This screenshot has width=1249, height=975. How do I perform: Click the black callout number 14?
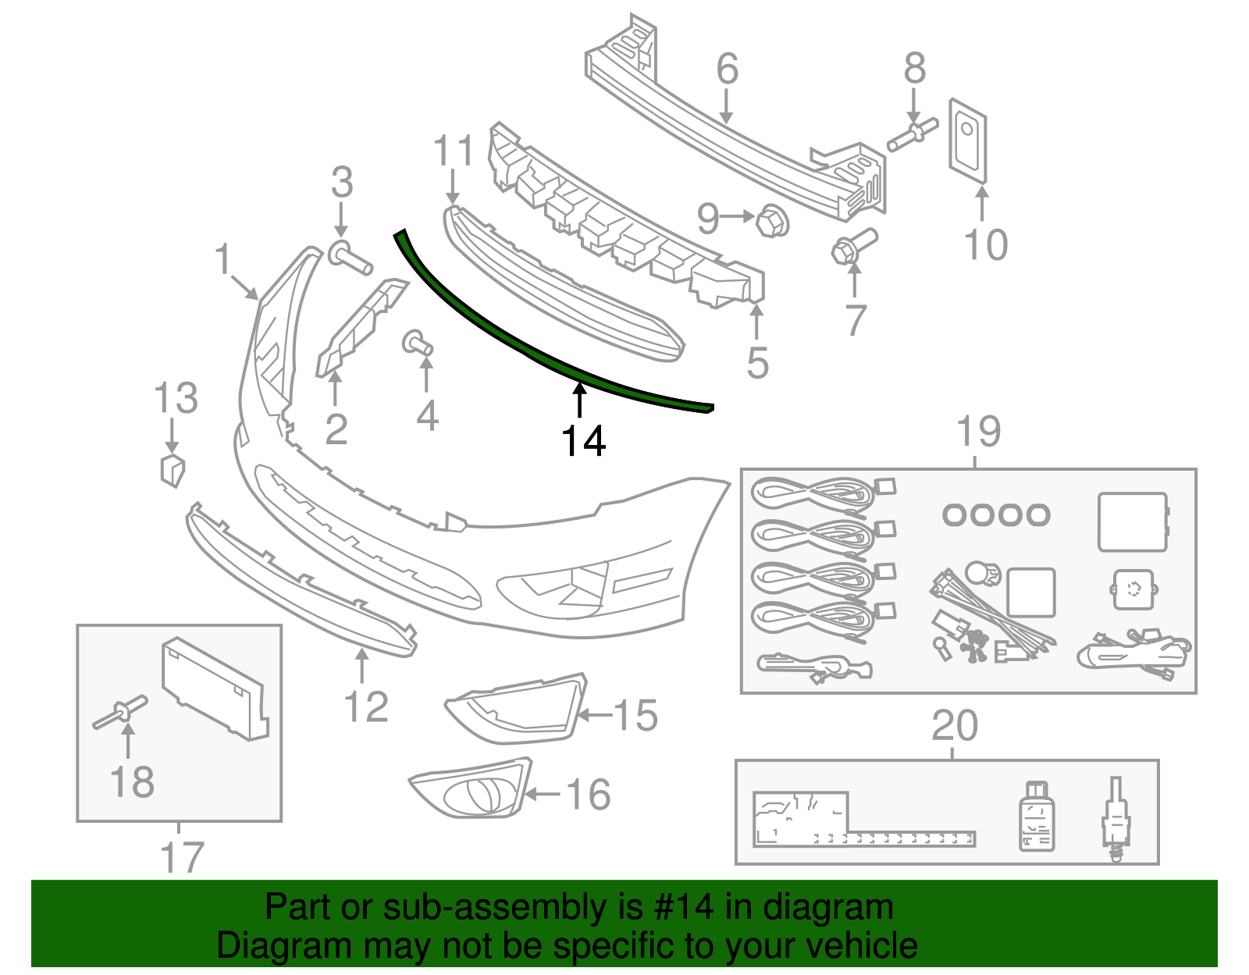(x=583, y=442)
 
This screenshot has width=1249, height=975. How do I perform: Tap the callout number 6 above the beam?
(x=727, y=69)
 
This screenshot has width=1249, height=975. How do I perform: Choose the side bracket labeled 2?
(x=358, y=328)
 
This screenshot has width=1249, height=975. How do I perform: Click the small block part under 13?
(x=172, y=470)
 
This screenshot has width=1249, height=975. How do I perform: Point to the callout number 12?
(x=365, y=707)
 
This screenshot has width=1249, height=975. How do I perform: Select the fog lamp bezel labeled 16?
(x=471, y=790)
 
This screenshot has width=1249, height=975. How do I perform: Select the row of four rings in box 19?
(x=996, y=514)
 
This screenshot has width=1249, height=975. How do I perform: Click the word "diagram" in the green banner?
(x=828, y=908)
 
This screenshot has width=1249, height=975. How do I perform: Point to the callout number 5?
(x=757, y=362)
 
